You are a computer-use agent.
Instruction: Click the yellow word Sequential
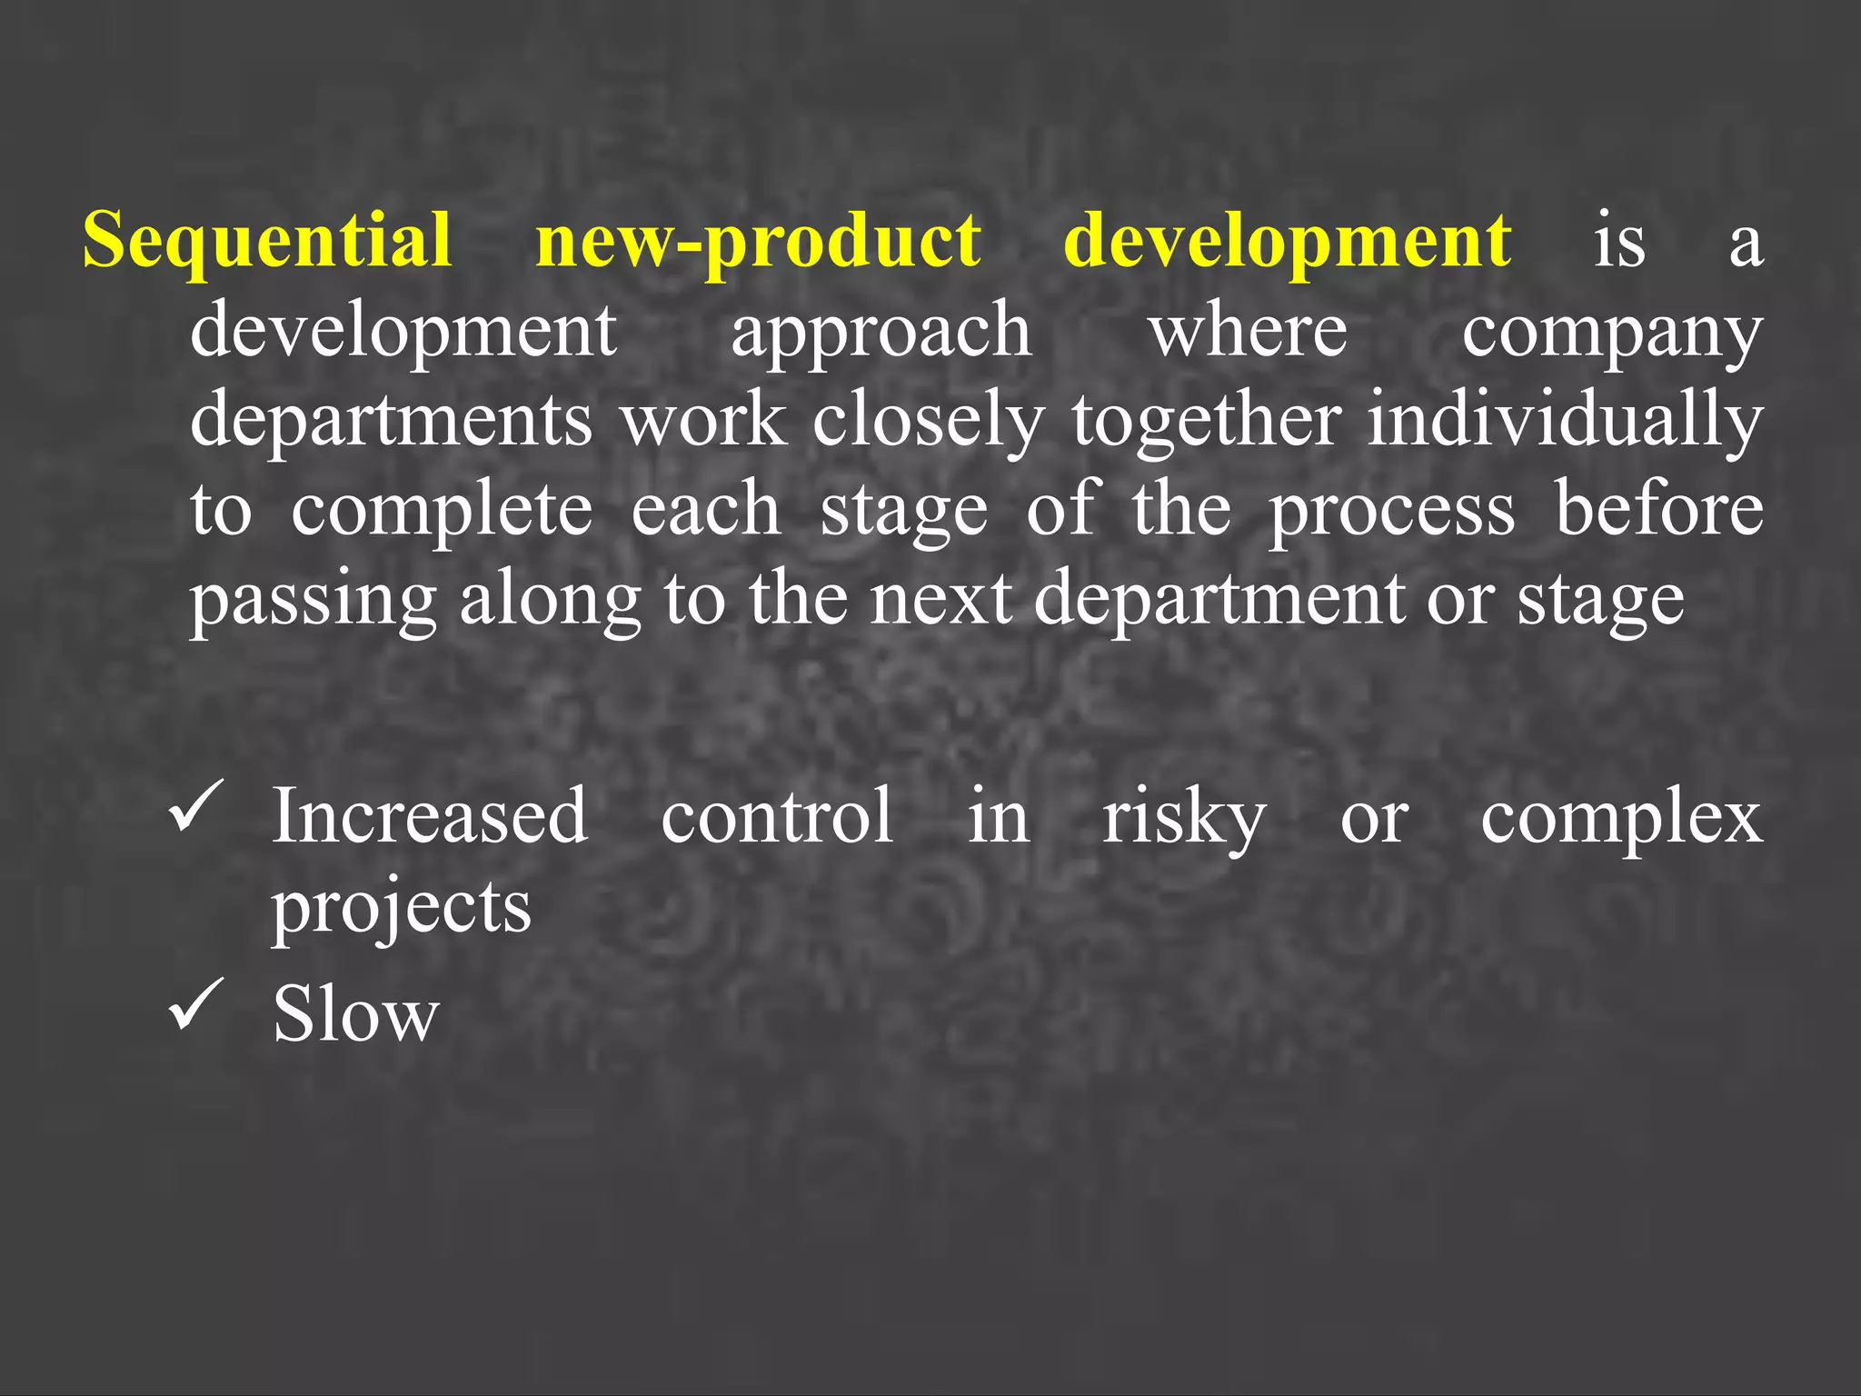(267, 241)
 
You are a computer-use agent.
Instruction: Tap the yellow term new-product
(758, 241)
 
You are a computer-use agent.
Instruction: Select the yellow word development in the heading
(1287, 241)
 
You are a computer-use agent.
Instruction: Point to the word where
(1248, 329)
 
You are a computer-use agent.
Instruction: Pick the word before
(1658, 508)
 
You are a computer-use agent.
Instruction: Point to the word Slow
(355, 1013)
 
